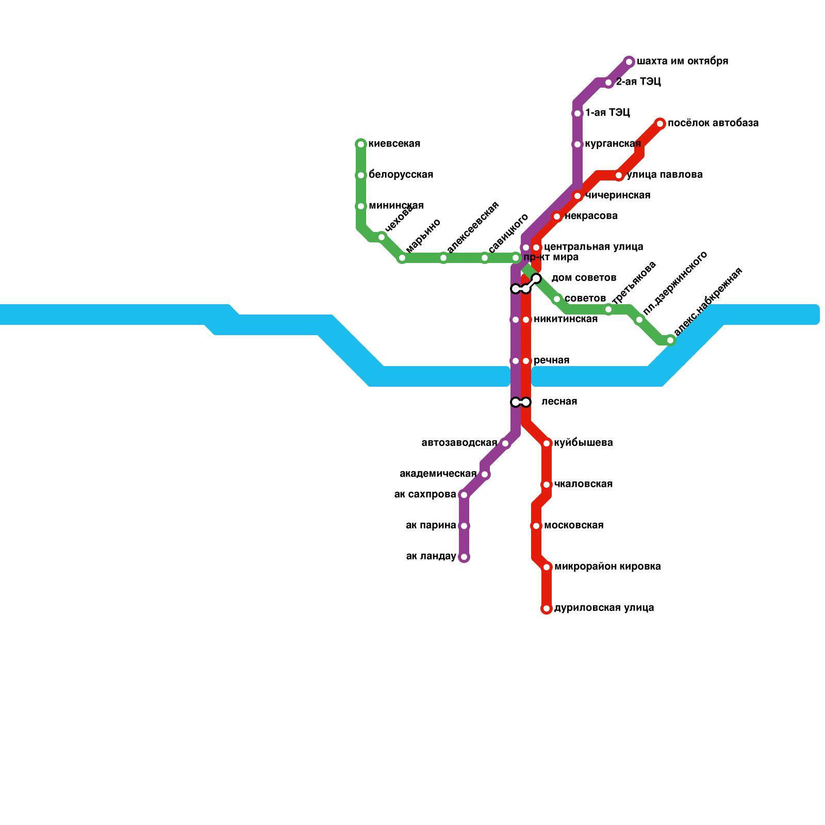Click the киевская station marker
[x=361, y=144]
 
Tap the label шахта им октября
[x=682, y=61]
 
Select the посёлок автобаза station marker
[x=660, y=124]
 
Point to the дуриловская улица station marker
[x=547, y=608]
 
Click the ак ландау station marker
[x=464, y=557]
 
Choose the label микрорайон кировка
[x=607, y=567]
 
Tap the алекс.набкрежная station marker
[x=670, y=340]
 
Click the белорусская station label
[x=401, y=175]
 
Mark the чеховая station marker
[x=382, y=237]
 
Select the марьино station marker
[x=402, y=258]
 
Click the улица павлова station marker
[x=619, y=175]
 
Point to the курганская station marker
[x=577, y=144]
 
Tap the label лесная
[x=559, y=402]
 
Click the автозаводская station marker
[x=505, y=443]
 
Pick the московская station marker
[x=536, y=526]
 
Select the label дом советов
[x=584, y=278]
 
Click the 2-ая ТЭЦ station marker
[x=608, y=82]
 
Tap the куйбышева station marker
[x=547, y=443]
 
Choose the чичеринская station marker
[x=577, y=196]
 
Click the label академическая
[x=438, y=474]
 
